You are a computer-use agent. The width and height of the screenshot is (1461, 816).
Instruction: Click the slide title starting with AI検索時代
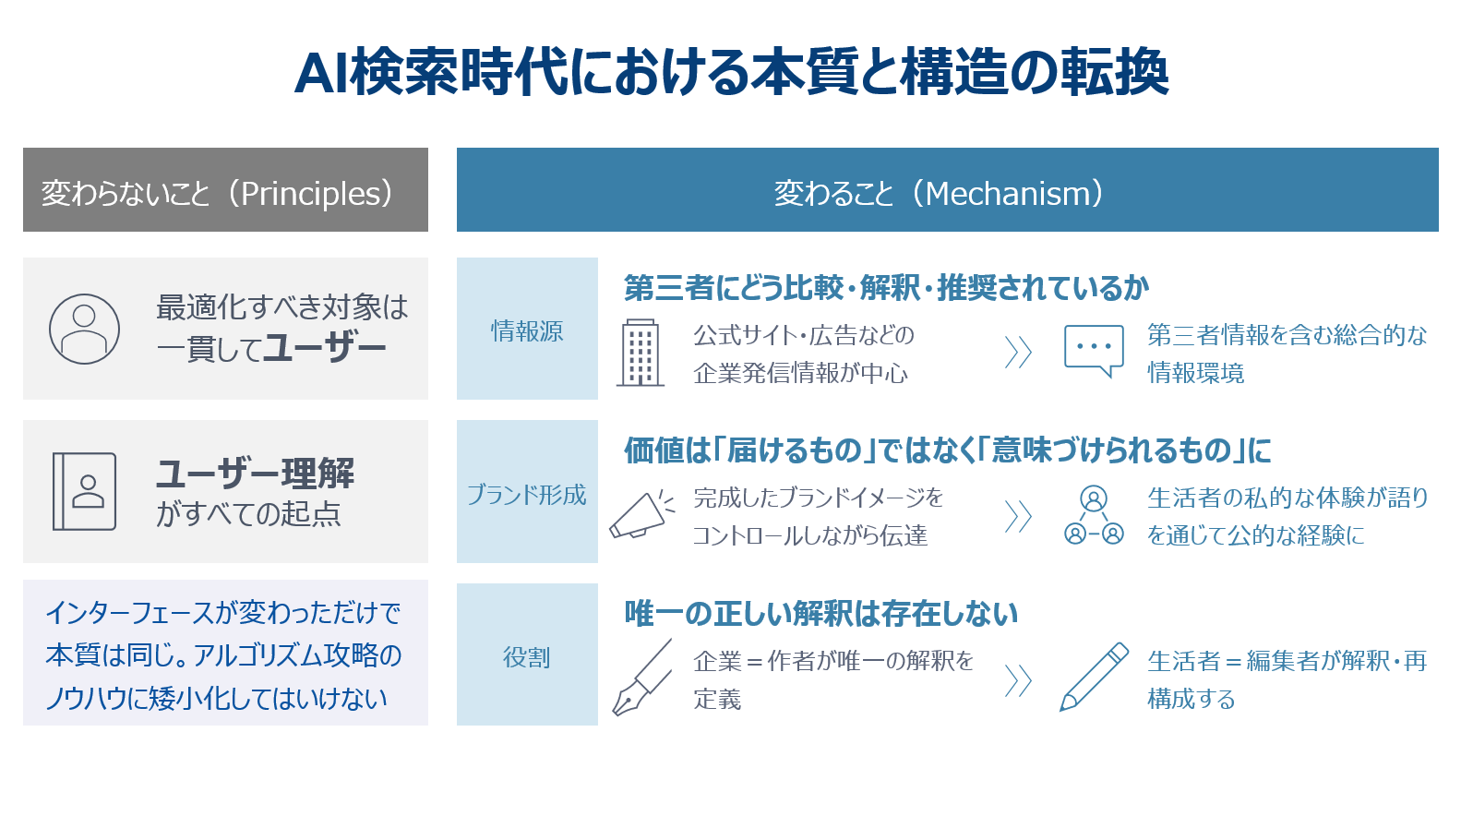(731, 72)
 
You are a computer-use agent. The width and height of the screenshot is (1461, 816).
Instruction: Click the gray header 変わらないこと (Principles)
(226, 190)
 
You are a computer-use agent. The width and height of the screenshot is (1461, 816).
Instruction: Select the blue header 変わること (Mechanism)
(947, 190)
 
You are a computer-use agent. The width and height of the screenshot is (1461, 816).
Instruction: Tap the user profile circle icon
(84, 329)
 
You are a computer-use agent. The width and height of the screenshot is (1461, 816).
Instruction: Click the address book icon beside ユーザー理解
(84, 491)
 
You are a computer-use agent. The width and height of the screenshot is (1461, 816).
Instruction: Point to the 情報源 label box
(527, 329)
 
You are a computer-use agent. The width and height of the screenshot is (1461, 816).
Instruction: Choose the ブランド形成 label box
(527, 492)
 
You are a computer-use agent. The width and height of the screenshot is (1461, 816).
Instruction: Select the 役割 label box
(527, 654)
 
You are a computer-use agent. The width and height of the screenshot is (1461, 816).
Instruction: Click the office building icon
(641, 353)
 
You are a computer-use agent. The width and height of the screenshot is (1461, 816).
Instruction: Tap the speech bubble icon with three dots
(1094, 351)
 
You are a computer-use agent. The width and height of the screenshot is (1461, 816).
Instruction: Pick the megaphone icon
(641, 514)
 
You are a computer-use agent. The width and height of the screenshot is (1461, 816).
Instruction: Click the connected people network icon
(1094, 515)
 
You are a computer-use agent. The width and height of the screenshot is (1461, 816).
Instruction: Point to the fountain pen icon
(641, 677)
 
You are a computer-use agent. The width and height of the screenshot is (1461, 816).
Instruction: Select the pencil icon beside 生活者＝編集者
(1094, 677)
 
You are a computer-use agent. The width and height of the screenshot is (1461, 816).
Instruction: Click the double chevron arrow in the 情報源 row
(1018, 353)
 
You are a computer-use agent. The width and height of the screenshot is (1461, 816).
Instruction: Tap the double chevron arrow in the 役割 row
(1018, 681)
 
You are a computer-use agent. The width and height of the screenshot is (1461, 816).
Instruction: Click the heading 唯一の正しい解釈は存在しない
(821, 614)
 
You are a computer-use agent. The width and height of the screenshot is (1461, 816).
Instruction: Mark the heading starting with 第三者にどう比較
(886, 288)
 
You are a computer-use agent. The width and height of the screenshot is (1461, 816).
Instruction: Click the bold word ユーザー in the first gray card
(325, 348)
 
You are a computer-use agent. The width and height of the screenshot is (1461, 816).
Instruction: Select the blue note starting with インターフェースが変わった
(223, 655)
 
